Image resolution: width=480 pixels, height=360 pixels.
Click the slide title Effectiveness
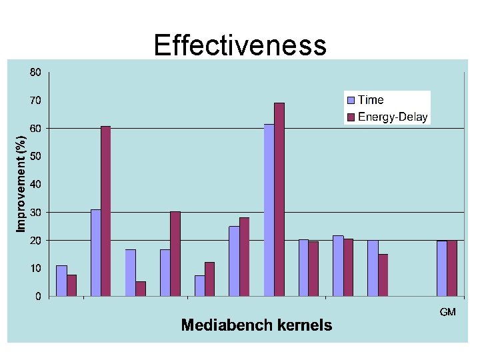point(240,45)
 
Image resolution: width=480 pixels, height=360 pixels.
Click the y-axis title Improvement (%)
point(21,183)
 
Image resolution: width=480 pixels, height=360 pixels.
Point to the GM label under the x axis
point(447,312)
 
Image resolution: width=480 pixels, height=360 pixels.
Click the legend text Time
point(371,100)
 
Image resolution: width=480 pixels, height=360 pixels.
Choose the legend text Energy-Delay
point(393,117)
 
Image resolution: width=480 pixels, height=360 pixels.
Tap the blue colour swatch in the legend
point(351,100)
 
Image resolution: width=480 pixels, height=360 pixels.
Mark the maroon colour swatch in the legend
point(351,118)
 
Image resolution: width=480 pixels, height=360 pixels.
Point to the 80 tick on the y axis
point(35,72)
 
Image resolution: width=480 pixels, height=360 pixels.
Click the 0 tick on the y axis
point(38,296)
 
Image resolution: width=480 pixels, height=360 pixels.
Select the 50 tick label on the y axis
point(35,156)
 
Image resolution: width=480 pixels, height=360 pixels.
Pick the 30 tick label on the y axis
point(35,212)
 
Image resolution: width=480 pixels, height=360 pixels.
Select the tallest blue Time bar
point(269,209)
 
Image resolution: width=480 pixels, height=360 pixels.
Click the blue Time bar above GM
point(442,268)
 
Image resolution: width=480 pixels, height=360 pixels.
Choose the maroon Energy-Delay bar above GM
point(452,268)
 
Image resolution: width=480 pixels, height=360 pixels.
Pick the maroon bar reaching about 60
point(106,211)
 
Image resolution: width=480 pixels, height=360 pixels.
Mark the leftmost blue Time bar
point(61,280)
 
